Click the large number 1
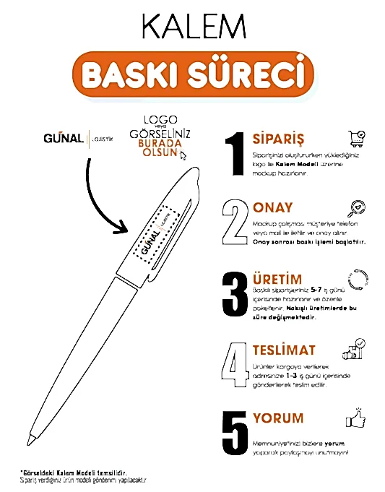click(233, 154)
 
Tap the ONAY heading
click(273, 208)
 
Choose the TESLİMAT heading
click(284, 350)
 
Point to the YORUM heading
click(278, 418)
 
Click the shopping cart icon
click(355, 139)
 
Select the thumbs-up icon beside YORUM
click(355, 419)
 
